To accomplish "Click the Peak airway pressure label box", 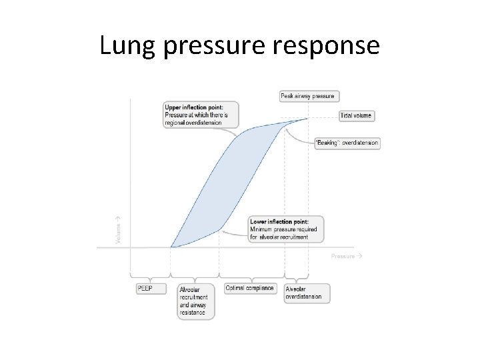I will pos(308,96).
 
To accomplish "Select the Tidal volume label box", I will pos(357,116).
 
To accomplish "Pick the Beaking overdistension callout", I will pos(347,143).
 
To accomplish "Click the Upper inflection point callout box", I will pos(197,115).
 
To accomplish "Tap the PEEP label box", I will pos(146,289).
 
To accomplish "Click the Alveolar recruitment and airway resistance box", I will pos(195,301).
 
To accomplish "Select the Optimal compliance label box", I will pos(249,289).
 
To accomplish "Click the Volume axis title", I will pos(119,229).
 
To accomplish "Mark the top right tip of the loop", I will pos(308,119).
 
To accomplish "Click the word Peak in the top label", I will pos(287,96).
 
